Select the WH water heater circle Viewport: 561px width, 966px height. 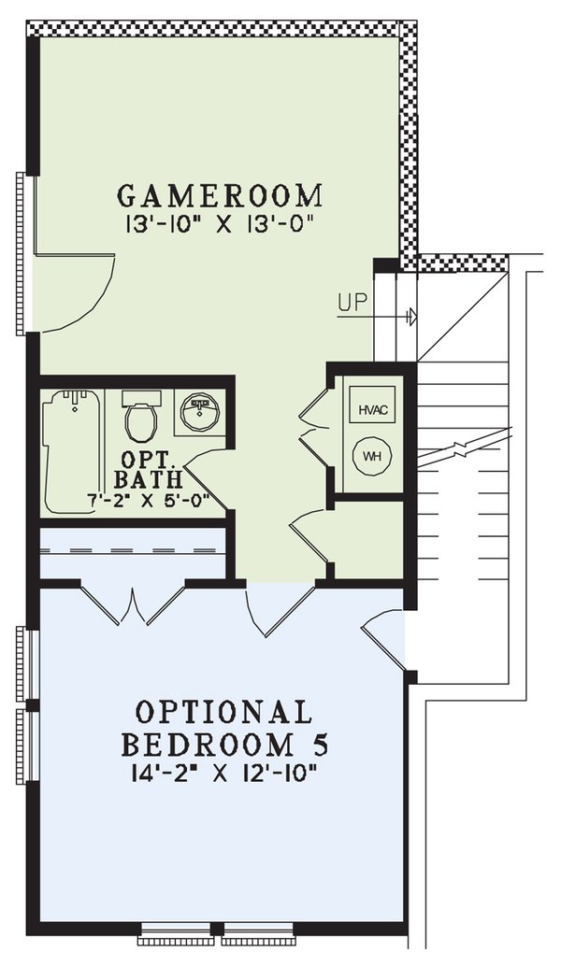373,457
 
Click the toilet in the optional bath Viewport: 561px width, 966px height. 142,420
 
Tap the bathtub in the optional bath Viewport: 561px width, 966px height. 73,448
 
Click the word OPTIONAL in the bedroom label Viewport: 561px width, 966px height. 223,713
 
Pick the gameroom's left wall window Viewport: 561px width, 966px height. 22,252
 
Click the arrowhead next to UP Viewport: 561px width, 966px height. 411,318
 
